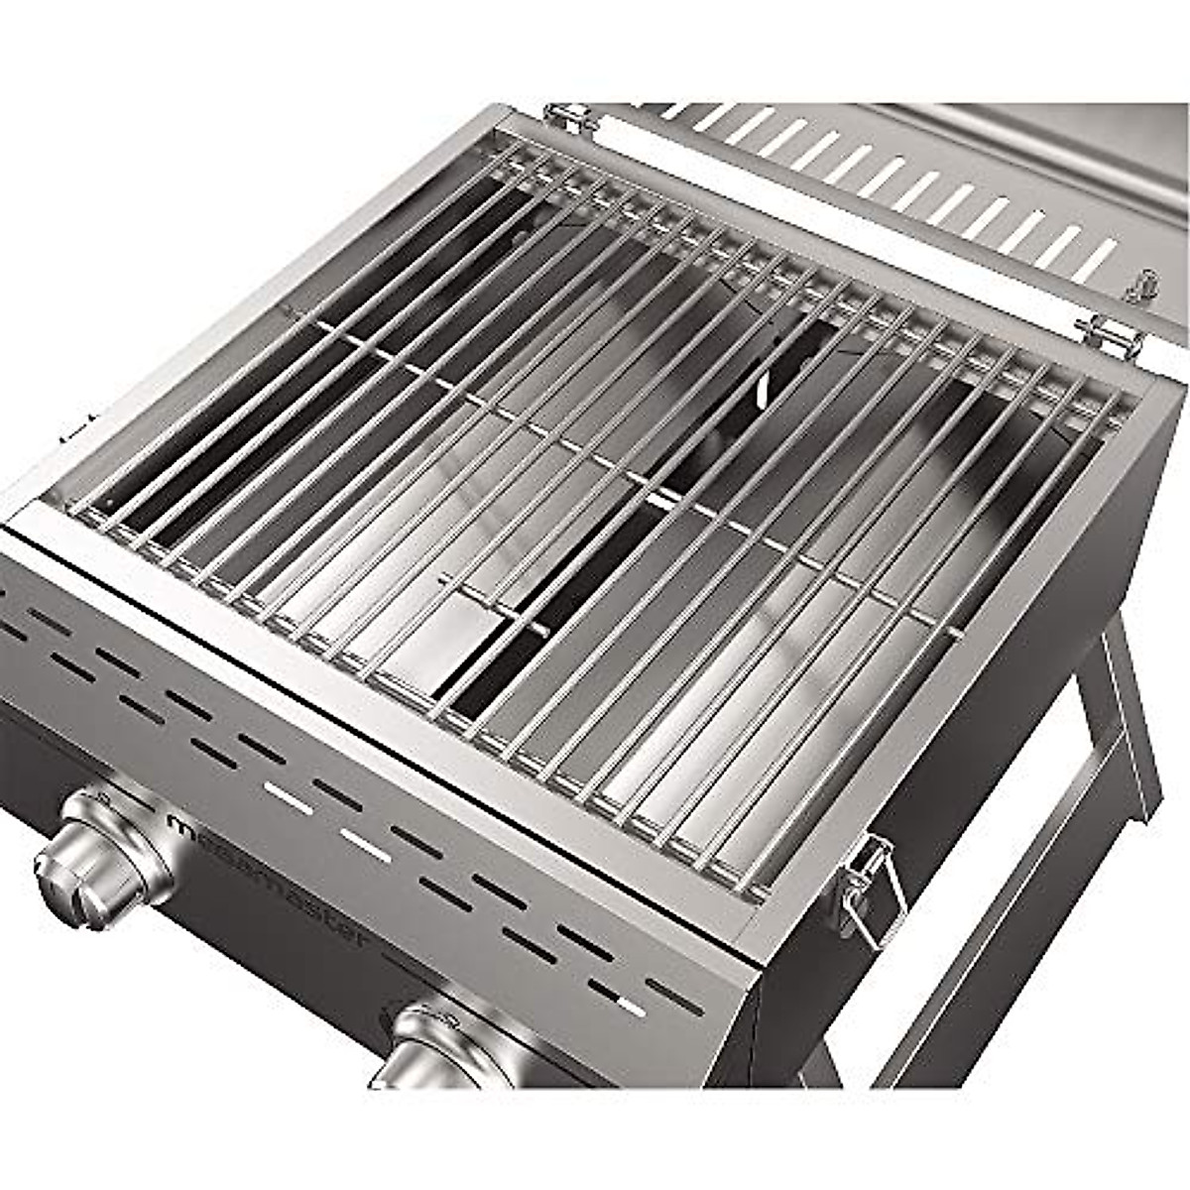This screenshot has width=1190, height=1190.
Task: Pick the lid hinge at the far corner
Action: point(570,117)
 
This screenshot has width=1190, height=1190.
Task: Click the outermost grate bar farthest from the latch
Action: point(297,327)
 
